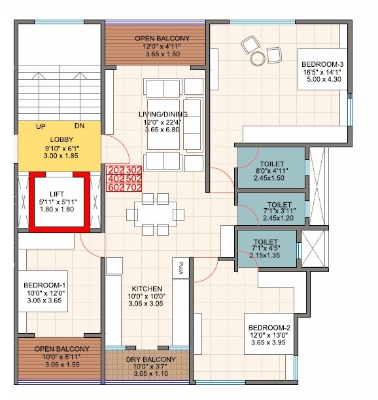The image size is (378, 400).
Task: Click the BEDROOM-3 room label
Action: [320, 64]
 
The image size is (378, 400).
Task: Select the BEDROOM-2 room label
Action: [268, 327]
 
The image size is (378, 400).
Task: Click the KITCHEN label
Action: [146, 289]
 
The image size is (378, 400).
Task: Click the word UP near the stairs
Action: [41, 126]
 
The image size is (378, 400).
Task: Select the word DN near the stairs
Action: [79, 126]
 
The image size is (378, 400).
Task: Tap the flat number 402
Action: [114, 179]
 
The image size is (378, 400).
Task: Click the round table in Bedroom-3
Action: [256, 58]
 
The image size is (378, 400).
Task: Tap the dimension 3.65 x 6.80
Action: [163, 130]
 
